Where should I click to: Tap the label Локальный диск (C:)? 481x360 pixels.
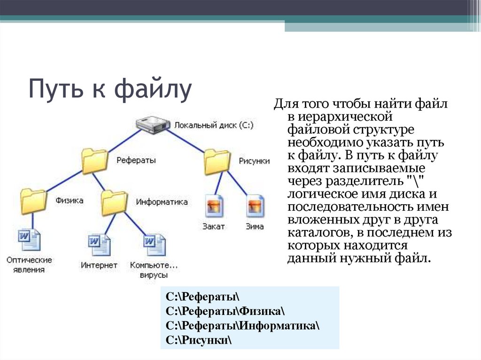[214, 125]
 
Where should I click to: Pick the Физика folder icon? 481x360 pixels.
[33, 201]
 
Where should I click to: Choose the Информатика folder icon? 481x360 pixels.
[114, 202]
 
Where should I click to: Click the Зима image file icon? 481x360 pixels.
[256, 206]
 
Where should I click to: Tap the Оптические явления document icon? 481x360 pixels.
[29, 240]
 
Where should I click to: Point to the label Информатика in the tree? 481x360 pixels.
[162, 202]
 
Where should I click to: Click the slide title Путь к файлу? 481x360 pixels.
[110, 89]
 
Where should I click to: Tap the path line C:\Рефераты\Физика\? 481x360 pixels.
[225, 311]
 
